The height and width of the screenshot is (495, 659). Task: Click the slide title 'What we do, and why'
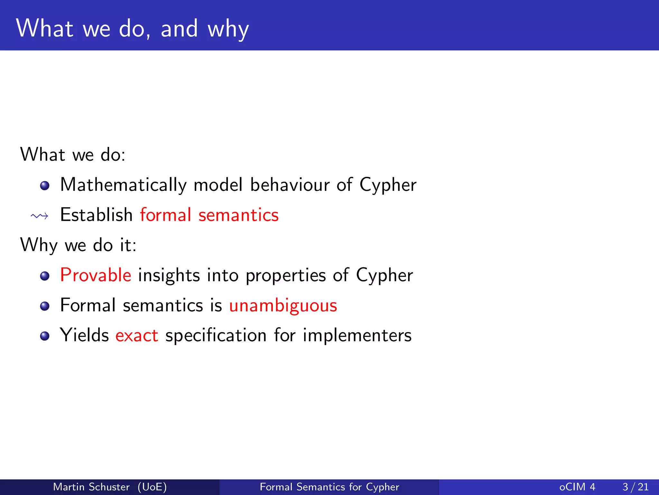132,29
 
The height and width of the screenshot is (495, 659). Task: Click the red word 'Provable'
96,275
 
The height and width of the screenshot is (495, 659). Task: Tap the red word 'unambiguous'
283,306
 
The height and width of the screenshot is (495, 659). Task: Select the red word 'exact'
137,335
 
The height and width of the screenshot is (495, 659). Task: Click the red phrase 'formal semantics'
209,215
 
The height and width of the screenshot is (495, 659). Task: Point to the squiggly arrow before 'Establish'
39,216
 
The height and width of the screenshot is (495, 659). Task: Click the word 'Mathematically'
123,185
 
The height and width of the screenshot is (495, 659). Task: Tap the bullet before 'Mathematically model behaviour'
45,186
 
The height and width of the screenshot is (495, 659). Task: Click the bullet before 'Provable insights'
45,276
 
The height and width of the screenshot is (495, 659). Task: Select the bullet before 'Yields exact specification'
45,336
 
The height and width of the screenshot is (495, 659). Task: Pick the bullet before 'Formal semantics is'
45,306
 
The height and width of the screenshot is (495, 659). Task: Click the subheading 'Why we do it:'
78,245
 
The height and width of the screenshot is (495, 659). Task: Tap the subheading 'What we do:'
73,155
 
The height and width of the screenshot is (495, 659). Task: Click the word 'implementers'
357,335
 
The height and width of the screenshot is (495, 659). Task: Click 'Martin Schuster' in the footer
91,487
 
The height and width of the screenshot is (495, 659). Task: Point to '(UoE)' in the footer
152,487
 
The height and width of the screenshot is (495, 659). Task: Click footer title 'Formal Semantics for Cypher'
329,487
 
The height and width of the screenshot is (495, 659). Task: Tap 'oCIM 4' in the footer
577,487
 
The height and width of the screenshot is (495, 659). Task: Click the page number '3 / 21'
635,487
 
